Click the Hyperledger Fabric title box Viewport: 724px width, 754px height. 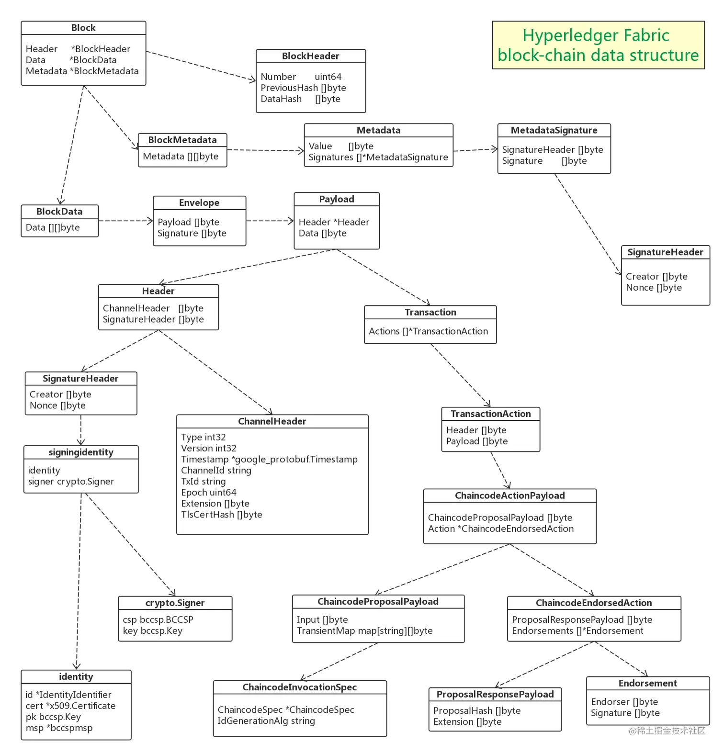pos(598,45)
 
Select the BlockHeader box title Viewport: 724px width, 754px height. pos(310,56)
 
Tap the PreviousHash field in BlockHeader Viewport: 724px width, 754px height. pos(303,88)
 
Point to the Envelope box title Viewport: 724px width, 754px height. pos(199,203)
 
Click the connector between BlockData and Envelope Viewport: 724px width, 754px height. pos(125,222)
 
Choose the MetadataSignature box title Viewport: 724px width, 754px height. pos(554,130)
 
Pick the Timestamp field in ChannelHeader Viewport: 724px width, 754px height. pos(269,460)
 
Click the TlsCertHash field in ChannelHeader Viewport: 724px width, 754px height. pos(221,515)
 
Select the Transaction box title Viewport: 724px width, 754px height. pos(430,313)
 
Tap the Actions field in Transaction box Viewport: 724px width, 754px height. pos(428,331)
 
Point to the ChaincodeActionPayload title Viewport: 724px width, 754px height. pos(509,496)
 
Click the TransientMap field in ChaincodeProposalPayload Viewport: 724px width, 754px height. pos(364,631)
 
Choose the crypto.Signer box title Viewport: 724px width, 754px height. pos(175,603)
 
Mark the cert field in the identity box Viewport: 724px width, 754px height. pos(70,706)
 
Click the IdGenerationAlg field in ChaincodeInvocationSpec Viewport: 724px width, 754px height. pos(266,721)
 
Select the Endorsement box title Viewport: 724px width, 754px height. pos(647,684)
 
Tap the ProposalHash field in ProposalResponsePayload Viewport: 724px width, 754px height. pos(476,711)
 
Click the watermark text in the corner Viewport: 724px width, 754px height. pos(667,730)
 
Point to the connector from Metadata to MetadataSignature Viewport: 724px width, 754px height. pos(475,149)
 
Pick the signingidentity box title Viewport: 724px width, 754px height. pos(81,452)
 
